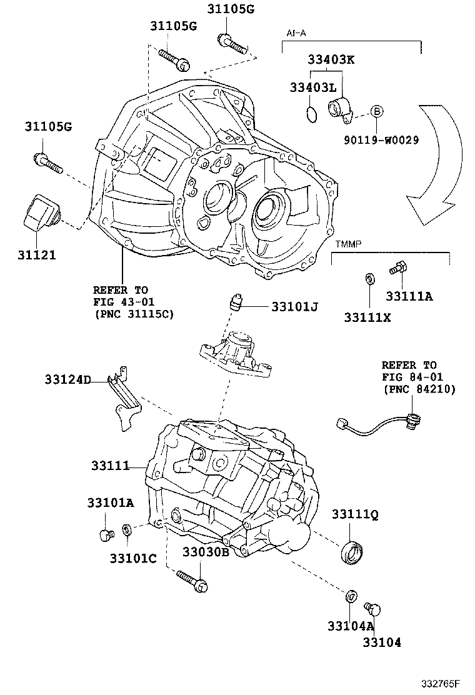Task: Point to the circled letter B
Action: click(376, 112)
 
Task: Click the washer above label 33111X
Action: click(369, 277)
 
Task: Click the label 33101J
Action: click(295, 306)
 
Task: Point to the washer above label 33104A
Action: click(352, 596)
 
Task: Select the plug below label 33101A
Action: click(104, 534)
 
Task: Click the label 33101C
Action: click(133, 557)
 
